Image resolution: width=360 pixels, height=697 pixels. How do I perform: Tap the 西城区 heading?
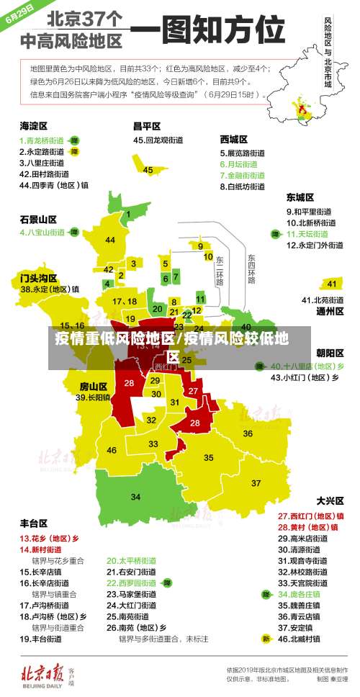click(233, 138)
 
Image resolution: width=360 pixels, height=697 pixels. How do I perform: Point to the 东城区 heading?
click(300, 197)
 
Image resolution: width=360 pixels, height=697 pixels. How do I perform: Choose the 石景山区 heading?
click(37, 218)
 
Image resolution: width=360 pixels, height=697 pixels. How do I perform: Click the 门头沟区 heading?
click(37, 276)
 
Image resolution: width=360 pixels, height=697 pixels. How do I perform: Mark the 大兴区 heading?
click(330, 500)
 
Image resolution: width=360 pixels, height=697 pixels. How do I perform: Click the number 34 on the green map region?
click(135, 497)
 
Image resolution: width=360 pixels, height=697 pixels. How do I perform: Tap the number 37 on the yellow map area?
click(256, 482)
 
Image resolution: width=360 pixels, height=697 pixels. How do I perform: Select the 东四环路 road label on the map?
click(251, 269)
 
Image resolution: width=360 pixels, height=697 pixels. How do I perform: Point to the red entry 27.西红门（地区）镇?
click(310, 516)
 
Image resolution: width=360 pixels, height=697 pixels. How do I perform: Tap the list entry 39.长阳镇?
click(94, 397)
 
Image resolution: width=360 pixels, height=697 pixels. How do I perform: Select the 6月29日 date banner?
click(19, 14)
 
